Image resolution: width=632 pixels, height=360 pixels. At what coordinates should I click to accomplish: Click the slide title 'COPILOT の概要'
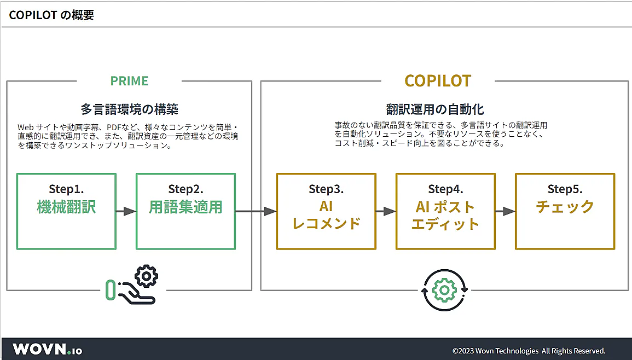click(51, 15)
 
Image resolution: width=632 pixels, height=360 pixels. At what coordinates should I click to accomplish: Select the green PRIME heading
click(129, 81)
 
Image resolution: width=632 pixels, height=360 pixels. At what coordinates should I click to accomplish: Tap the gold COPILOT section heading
click(438, 81)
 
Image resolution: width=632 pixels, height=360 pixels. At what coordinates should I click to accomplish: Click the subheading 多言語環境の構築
click(129, 109)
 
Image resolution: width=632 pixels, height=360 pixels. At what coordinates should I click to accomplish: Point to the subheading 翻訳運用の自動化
click(435, 109)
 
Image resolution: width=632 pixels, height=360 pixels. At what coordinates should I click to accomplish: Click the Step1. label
click(67, 189)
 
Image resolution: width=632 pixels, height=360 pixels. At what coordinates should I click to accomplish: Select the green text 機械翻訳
click(67, 207)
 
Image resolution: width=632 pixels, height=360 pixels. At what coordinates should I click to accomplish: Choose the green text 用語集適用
click(186, 207)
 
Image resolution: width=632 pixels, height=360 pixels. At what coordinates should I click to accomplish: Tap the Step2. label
click(186, 189)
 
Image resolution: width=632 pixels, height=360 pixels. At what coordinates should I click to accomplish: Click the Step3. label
click(326, 189)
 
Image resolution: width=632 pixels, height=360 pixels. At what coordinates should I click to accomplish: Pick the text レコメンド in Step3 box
click(326, 223)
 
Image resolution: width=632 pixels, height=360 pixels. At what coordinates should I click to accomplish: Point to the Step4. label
click(445, 189)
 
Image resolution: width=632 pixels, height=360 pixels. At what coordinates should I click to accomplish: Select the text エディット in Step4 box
click(445, 224)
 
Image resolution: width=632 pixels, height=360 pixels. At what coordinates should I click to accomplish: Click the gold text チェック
click(565, 207)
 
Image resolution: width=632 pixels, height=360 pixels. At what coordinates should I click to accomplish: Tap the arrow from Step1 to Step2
click(126, 211)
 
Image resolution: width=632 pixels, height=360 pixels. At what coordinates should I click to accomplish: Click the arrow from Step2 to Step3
click(256, 211)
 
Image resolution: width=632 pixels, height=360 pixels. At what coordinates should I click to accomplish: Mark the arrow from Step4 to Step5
click(506, 211)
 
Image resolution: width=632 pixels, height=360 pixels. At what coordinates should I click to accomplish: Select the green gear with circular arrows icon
click(444, 290)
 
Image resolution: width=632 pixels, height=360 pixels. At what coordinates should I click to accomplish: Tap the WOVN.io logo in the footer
click(47, 349)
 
